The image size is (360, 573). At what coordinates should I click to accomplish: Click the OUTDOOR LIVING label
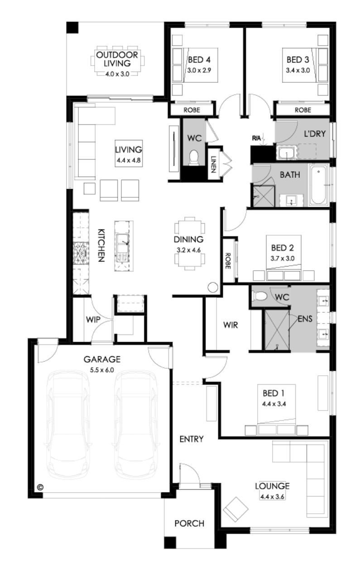pos(117,59)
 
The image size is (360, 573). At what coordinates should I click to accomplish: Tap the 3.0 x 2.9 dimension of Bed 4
pos(199,70)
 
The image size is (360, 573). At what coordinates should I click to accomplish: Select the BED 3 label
pos(298,60)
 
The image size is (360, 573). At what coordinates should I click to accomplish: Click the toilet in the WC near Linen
pos(194,157)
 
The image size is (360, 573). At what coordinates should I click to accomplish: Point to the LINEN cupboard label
pos(214,164)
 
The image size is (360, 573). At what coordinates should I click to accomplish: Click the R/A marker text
pos(256,138)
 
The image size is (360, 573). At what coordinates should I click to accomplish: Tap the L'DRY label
pos(315,134)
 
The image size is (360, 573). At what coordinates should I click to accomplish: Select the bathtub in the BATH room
pos(318,185)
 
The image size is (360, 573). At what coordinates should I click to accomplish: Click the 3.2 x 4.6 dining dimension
pos(188,250)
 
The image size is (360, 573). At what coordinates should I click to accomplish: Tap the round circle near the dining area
pos(213,287)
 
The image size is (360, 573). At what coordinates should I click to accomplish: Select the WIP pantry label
pos(93,320)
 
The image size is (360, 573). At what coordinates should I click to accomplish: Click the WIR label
pos(230,325)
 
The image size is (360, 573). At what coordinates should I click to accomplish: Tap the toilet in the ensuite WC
pos(259,296)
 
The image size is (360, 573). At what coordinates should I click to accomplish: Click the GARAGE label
pos(102,359)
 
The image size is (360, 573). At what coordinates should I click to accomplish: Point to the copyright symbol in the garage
pos(40,487)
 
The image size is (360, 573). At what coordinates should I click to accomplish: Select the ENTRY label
pos(192,439)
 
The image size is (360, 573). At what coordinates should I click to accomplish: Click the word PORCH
pos(189,523)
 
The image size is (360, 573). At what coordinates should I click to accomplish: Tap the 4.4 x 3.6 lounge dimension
pos(272,497)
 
